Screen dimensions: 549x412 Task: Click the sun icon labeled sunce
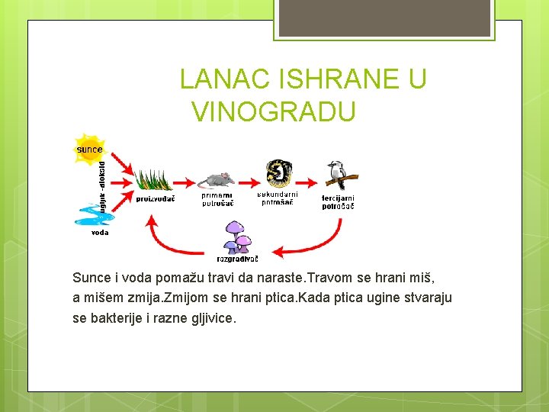88,148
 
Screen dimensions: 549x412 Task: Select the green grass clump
153,180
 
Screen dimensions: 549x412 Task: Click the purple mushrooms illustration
237,237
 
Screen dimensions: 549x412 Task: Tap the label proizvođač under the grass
156,199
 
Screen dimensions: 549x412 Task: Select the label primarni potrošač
217,200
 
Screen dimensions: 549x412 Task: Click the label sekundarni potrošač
278,198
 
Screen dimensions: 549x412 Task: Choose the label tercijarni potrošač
337,202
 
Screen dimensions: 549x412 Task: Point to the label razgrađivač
237,259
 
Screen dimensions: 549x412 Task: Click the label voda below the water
100,232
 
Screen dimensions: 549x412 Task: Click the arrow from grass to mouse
185,182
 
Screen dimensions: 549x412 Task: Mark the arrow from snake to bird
308,182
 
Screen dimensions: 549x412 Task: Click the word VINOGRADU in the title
274,112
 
